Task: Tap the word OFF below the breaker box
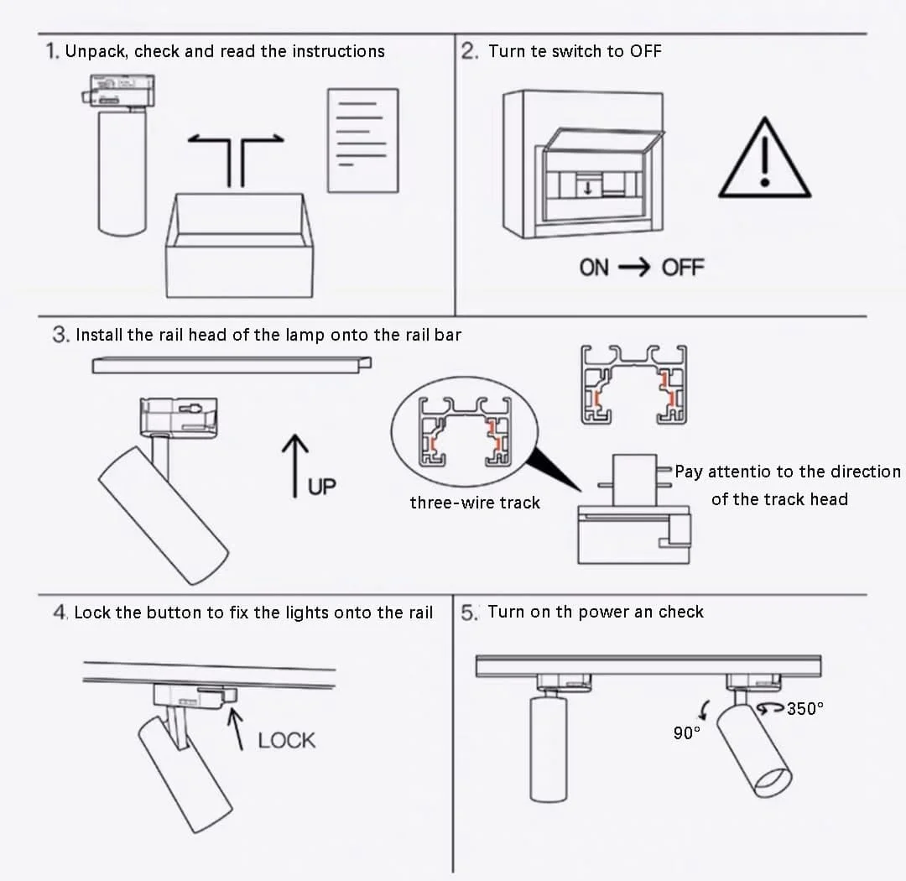pyautogui.click(x=682, y=268)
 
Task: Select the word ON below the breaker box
pyautogui.click(x=594, y=268)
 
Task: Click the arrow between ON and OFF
pyautogui.click(x=634, y=268)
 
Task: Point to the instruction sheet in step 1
pyautogui.click(x=363, y=140)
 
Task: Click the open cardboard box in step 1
pyautogui.click(x=239, y=247)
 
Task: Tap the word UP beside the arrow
pyautogui.click(x=322, y=487)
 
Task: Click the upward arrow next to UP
pyautogui.click(x=294, y=466)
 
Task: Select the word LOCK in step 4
pyautogui.click(x=287, y=741)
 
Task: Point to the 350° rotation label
pyautogui.click(x=804, y=709)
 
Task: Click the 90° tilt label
pyautogui.click(x=686, y=733)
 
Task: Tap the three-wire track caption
pyautogui.click(x=475, y=503)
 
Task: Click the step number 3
pyautogui.click(x=60, y=335)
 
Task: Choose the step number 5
pyautogui.click(x=469, y=613)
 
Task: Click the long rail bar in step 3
pyautogui.click(x=232, y=365)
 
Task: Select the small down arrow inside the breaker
pyautogui.click(x=587, y=188)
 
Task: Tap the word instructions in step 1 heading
pyautogui.click(x=339, y=51)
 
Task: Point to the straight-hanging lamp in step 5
pyautogui.click(x=549, y=739)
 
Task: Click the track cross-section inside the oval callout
pyautogui.click(x=465, y=431)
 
